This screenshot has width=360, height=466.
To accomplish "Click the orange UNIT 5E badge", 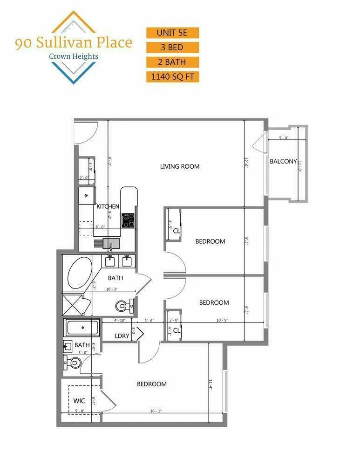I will pos(173,33).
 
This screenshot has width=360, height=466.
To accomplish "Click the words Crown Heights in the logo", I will pos(74,56).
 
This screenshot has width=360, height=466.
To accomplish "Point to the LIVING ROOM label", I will pos(180,166).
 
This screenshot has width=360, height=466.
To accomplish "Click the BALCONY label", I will pos(283,162).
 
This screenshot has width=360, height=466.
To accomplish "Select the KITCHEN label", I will pos(108,206).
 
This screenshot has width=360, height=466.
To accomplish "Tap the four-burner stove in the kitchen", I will pos(128,220).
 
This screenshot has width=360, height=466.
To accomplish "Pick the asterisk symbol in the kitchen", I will pos(86,196).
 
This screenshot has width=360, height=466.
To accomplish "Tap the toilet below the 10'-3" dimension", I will pos(123,306).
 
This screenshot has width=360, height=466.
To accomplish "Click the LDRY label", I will pos(122,336).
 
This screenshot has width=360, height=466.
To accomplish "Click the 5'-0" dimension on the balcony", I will pos(285,138).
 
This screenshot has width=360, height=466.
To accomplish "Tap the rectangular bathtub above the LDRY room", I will pos(82,328).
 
